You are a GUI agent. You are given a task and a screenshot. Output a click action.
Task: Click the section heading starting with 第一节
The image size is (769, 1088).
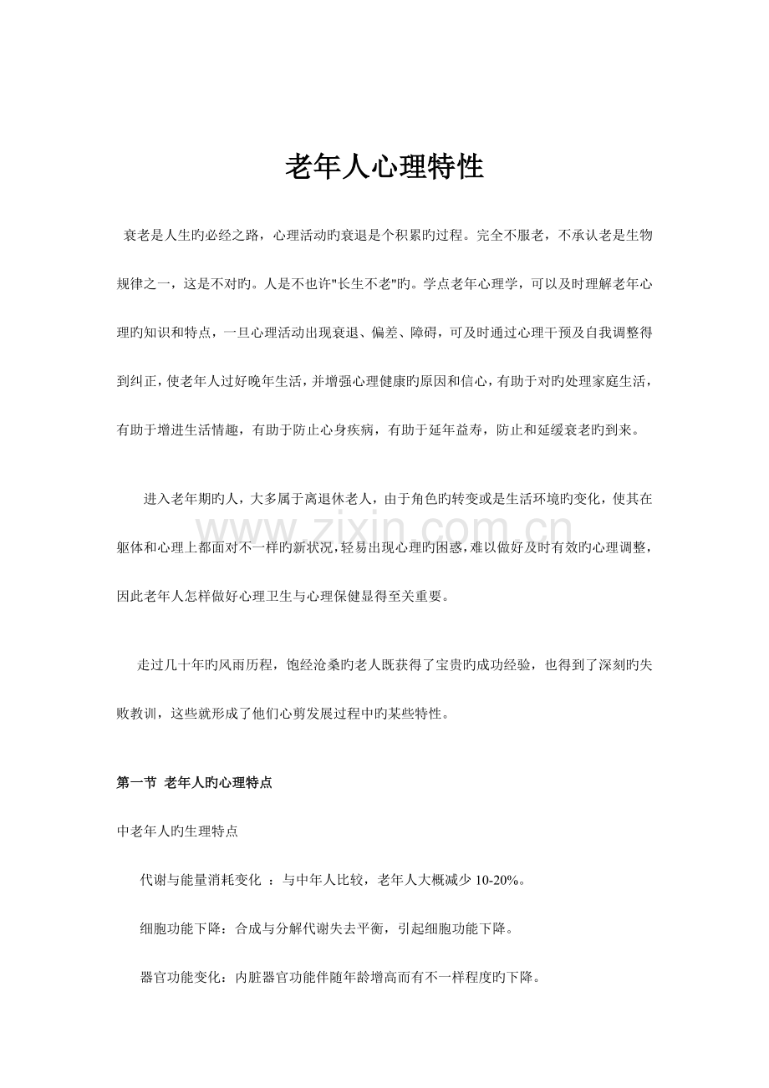click(x=194, y=783)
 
